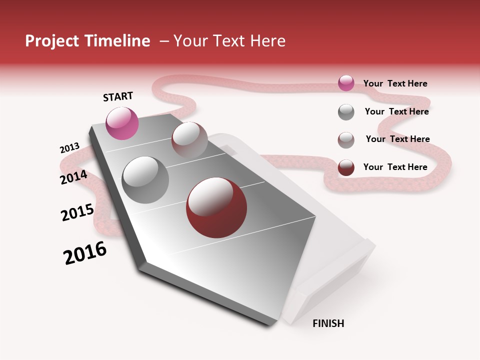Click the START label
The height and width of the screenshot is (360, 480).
tap(118, 96)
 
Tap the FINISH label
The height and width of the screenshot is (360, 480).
tap(328, 323)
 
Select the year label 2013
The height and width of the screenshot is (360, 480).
tap(69, 148)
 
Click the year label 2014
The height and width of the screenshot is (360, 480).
tap(73, 177)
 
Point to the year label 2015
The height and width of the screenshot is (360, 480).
tap(77, 212)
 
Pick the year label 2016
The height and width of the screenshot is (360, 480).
tap(85, 253)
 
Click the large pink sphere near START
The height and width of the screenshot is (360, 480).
tap(122, 123)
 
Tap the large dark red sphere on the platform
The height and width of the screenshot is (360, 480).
tap(216, 207)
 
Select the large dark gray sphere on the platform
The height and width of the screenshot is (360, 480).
tap(145, 179)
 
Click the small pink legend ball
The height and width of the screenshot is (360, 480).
tap(346, 83)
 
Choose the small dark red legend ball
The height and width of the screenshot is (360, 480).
tap(346, 167)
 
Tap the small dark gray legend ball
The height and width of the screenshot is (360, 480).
tap(346, 112)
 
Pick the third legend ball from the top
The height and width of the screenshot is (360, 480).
tap(346, 140)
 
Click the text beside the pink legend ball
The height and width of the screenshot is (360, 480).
tap(395, 83)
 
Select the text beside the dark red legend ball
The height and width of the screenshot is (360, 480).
tap(395, 167)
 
